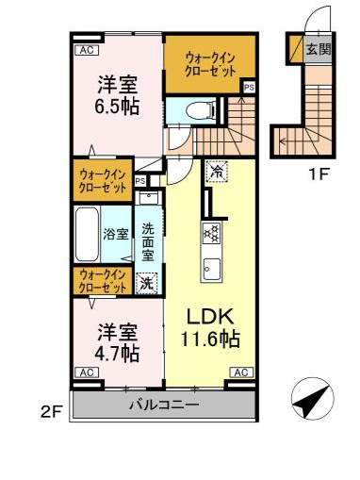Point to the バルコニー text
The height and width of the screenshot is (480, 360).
(163, 406)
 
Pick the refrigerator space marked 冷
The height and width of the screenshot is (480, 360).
(215, 172)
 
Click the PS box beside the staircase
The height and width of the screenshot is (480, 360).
(248, 88)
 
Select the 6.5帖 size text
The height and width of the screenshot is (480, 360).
(118, 107)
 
